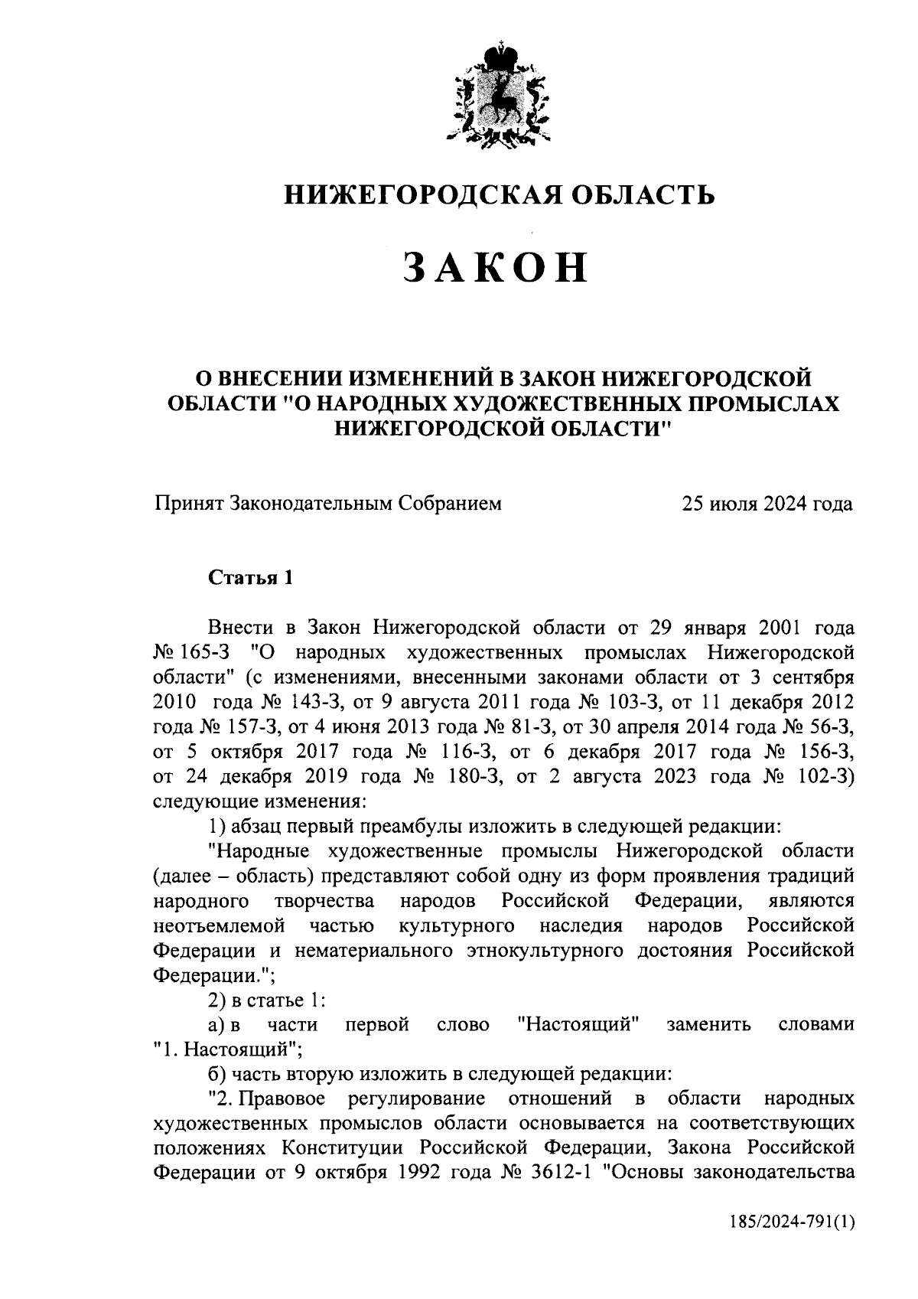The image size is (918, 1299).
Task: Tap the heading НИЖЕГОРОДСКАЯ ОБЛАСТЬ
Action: click(x=500, y=195)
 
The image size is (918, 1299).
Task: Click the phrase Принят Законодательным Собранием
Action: click(x=328, y=503)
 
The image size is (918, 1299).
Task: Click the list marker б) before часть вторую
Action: click(x=218, y=1073)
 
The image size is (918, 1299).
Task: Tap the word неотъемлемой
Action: click(x=219, y=925)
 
